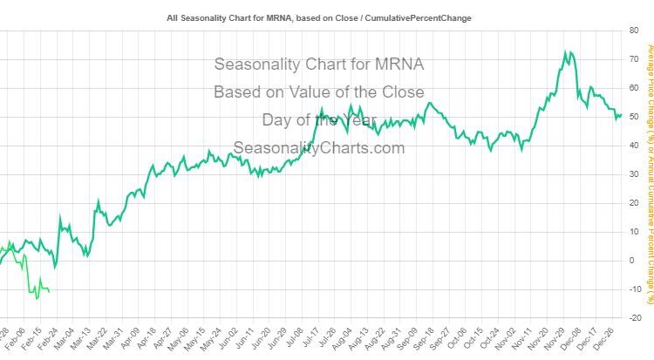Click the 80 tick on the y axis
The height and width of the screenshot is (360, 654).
(x=632, y=31)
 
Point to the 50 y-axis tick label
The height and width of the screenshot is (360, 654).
(x=632, y=117)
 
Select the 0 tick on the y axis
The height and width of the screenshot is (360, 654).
(x=632, y=260)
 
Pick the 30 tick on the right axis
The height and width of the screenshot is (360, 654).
(x=632, y=174)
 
